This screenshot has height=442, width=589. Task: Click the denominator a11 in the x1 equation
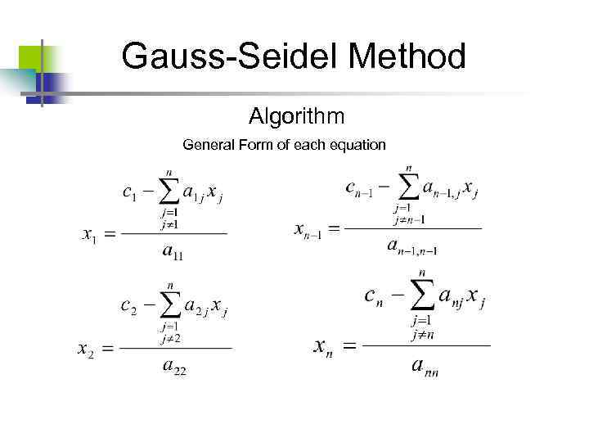click(x=173, y=253)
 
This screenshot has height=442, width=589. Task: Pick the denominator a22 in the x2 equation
click(x=174, y=368)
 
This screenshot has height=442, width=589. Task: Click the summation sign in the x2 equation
click(x=169, y=307)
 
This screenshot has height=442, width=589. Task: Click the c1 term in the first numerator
click(x=129, y=194)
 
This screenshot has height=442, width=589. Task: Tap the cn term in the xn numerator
click(x=375, y=295)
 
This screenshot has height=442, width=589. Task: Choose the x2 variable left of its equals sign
click(x=86, y=350)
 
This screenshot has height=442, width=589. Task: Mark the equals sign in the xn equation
click(x=349, y=347)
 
